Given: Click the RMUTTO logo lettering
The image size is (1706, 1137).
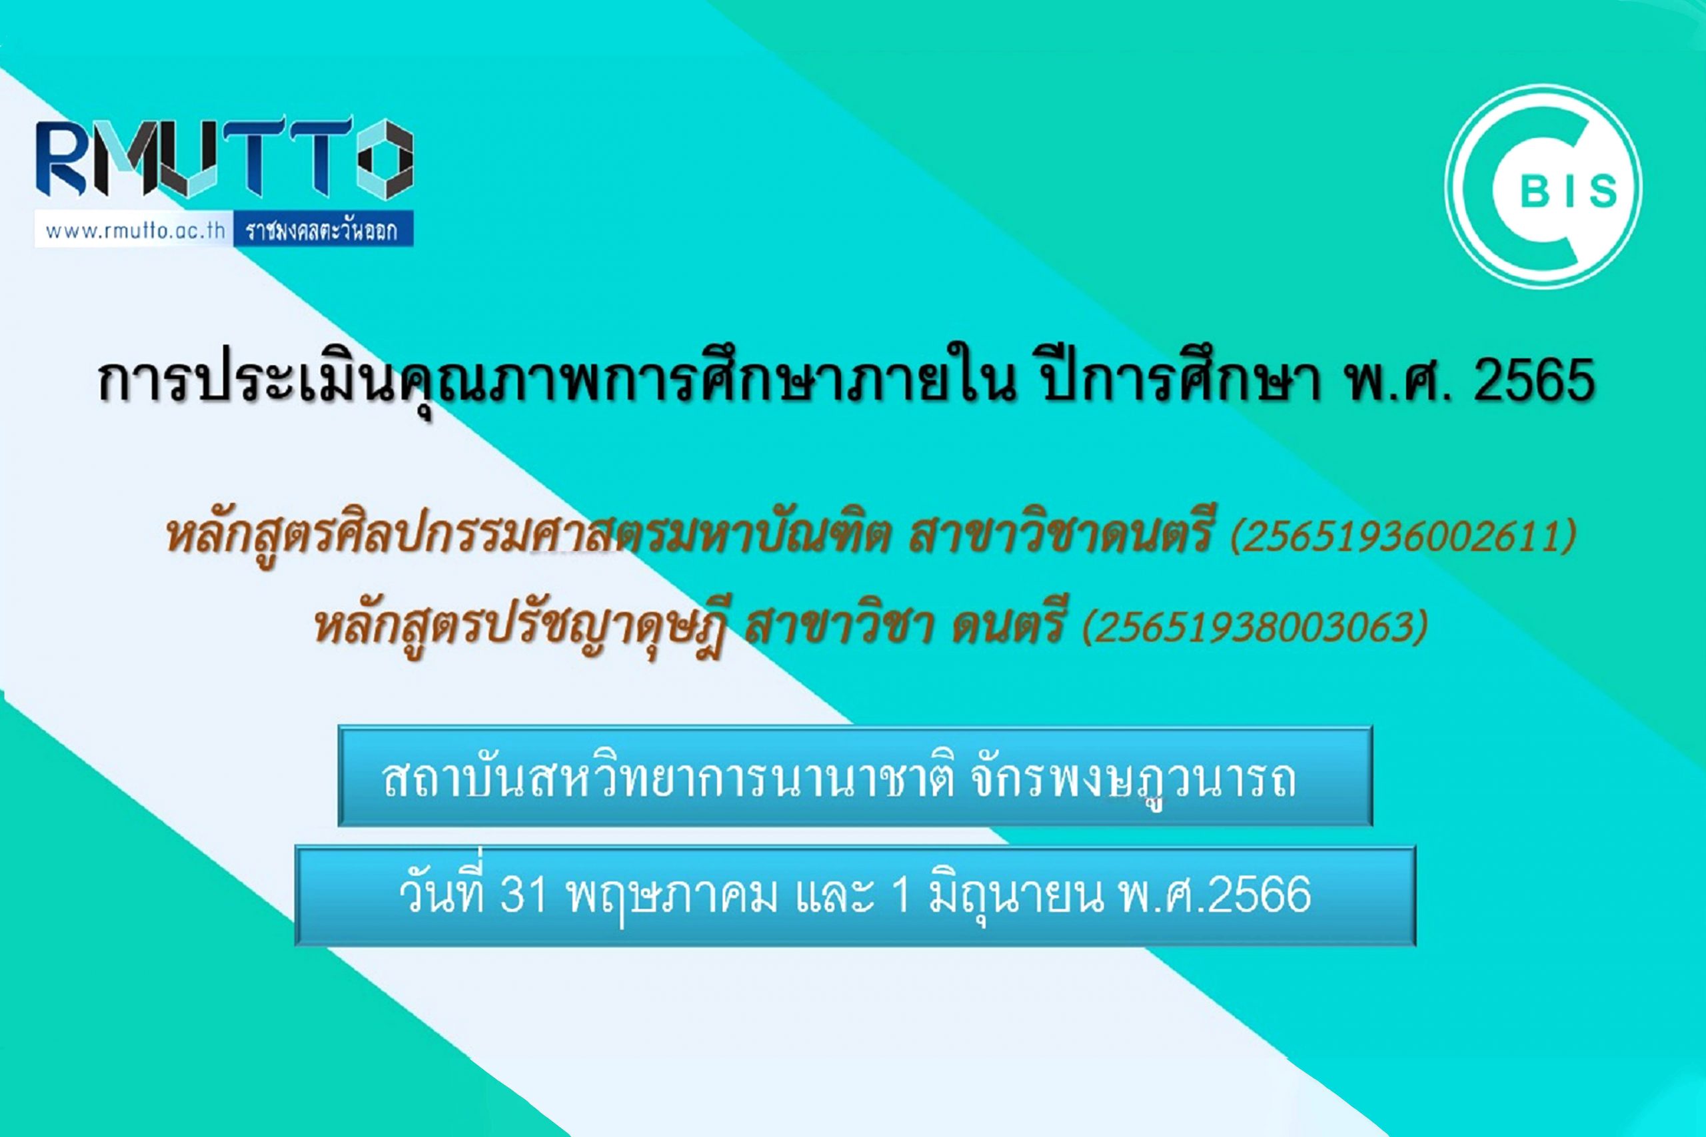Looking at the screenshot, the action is [225, 160].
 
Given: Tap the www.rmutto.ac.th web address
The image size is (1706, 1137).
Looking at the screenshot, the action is [135, 231].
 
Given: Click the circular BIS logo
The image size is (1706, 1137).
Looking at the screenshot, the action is [1543, 187].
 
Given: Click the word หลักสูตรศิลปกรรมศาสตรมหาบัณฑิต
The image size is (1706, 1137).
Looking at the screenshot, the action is [528, 537].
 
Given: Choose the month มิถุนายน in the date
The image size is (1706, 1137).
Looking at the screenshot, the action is [1016, 895].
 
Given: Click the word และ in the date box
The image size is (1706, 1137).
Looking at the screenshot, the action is [834, 895].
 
